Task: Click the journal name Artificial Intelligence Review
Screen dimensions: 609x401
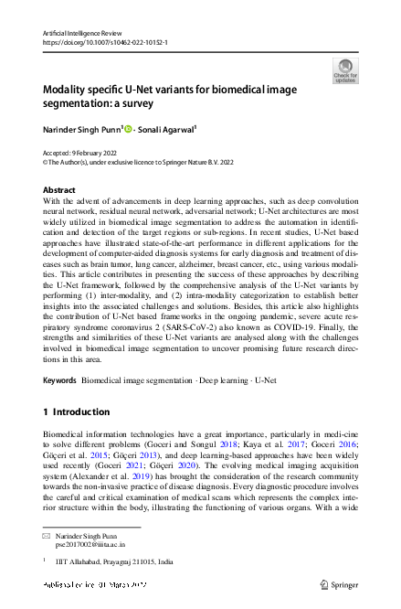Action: pyautogui.click(x=81, y=33)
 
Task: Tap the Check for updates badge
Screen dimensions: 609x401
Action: pyautogui.click(x=345, y=71)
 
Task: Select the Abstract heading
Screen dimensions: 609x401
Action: pyautogui.click(x=60, y=190)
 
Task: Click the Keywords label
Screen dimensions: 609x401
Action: pyautogui.click(x=60, y=378)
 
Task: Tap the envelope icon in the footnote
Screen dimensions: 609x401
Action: pyautogui.click(x=47, y=533)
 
